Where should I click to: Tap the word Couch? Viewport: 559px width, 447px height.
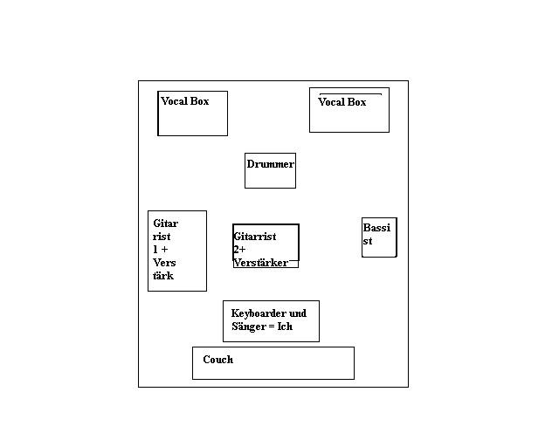pos(218,360)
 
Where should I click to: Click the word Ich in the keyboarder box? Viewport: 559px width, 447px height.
pos(285,327)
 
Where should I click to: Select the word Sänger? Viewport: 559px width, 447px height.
pos(249,327)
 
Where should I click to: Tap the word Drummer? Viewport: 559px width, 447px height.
pos(271,164)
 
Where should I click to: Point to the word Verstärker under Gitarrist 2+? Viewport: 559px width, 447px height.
pos(261,263)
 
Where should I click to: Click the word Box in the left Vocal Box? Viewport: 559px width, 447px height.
pos(200,101)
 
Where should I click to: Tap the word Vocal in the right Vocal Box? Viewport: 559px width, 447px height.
pos(332,102)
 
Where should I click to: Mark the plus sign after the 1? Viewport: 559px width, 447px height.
pos(164,250)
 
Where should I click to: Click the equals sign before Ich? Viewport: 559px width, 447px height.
pos(272,327)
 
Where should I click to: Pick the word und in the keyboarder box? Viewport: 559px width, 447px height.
pos(298,313)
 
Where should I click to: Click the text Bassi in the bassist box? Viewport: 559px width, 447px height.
pos(376,227)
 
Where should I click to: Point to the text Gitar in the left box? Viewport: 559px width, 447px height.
pos(166,223)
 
